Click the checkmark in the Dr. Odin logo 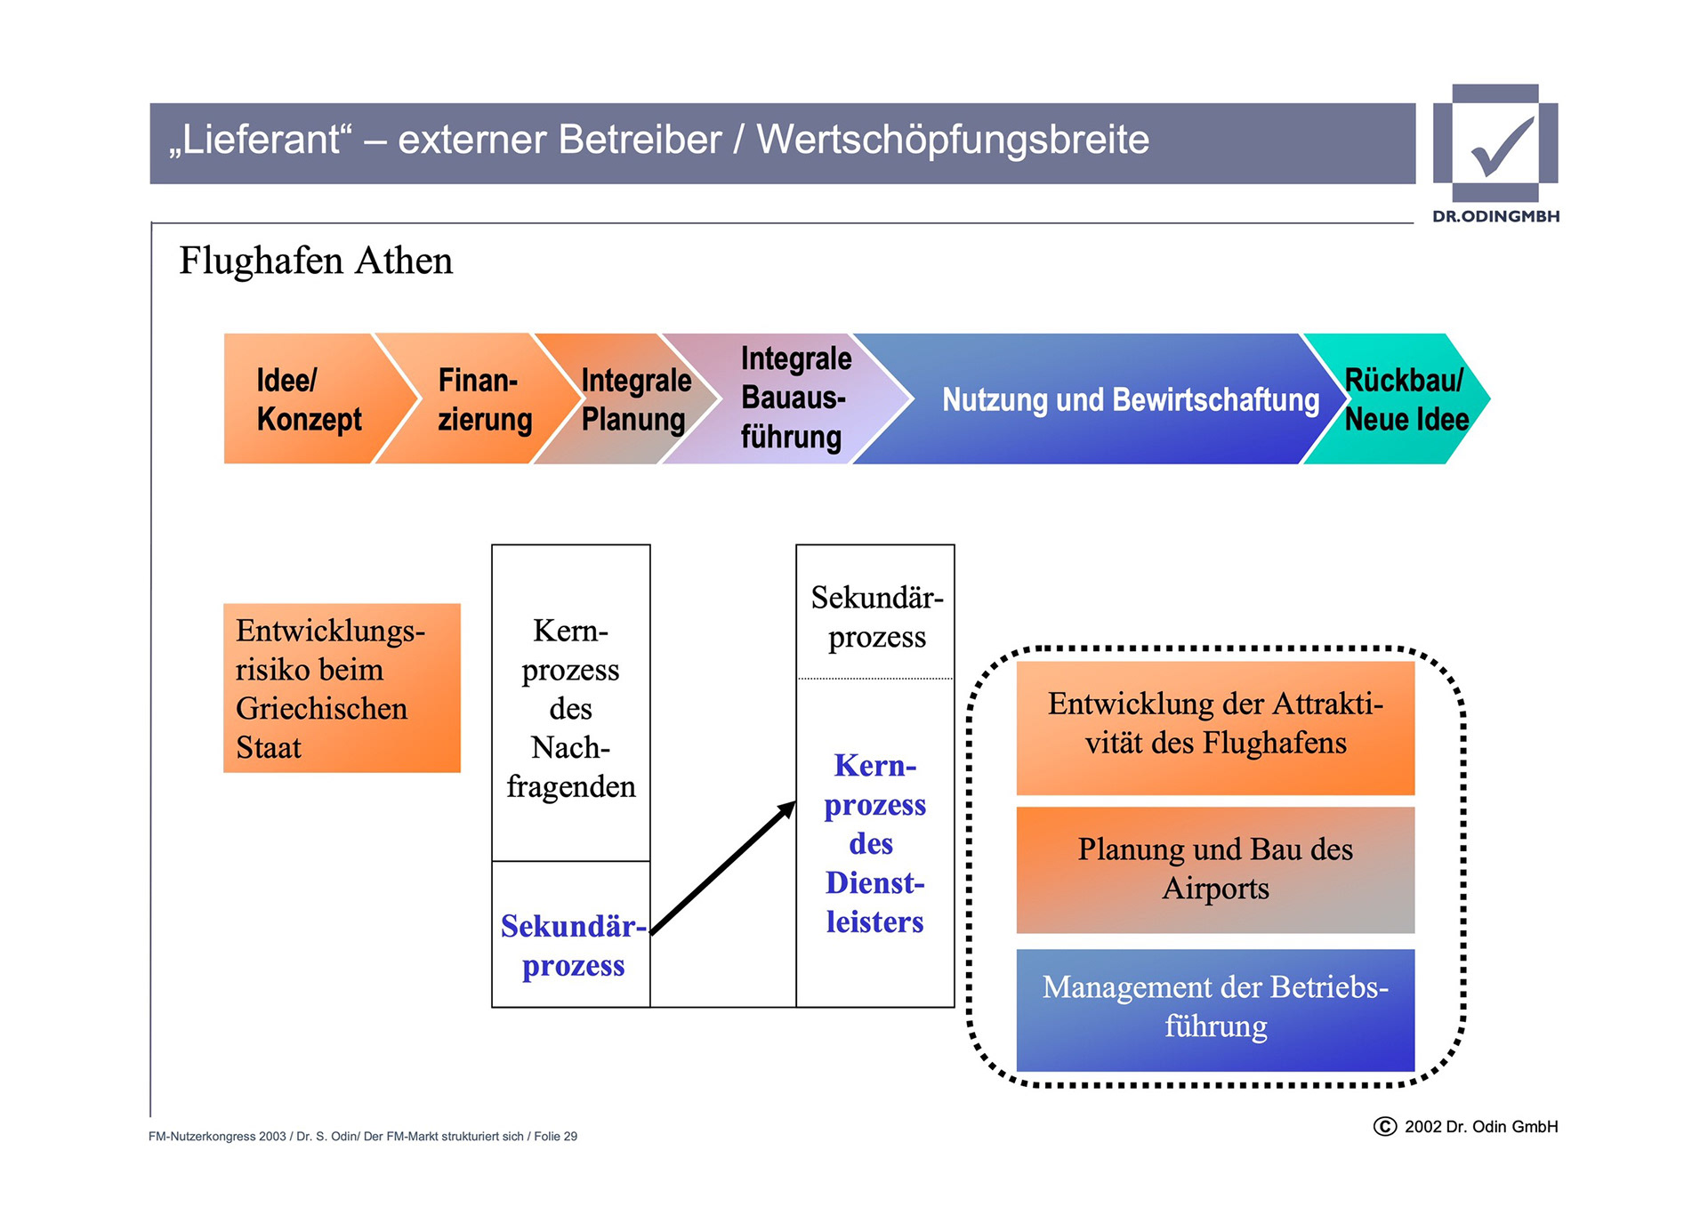click(1503, 146)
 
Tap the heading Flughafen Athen click(316, 262)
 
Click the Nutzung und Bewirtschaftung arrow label click(1130, 400)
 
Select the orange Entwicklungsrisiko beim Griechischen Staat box click(342, 688)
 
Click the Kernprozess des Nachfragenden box click(571, 708)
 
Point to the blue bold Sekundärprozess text click(573, 945)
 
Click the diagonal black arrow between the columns click(722, 868)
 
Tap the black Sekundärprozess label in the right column click(876, 617)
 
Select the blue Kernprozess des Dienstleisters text click(874, 843)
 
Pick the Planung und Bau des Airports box click(1215, 869)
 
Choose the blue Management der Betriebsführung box click(1215, 1009)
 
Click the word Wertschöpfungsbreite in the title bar click(953, 141)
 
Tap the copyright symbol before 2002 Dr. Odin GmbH click(1384, 1127)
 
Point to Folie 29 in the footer click(555, 1137)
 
